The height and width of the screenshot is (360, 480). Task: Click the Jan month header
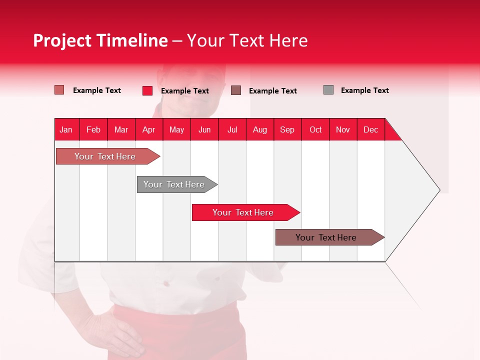[66, 129]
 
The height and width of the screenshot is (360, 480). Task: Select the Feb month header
[93, 129]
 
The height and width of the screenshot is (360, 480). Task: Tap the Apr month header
[149, 129]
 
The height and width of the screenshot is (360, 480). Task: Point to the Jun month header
[204, 129]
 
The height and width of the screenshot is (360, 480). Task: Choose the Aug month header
[260, 129]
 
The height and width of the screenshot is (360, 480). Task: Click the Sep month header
[287, 129]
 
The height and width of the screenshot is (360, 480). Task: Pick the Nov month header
[343, 129]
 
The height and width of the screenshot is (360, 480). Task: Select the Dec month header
[370, 129]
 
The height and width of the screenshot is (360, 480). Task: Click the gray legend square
[328, 90]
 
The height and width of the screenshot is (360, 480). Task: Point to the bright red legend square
[147, 90]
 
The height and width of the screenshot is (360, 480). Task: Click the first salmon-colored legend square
[59, 90]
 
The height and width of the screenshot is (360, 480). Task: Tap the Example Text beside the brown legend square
[272, 91]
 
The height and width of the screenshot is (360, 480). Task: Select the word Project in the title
[62, 40]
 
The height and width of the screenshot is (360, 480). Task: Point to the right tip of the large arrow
[439, 190]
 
